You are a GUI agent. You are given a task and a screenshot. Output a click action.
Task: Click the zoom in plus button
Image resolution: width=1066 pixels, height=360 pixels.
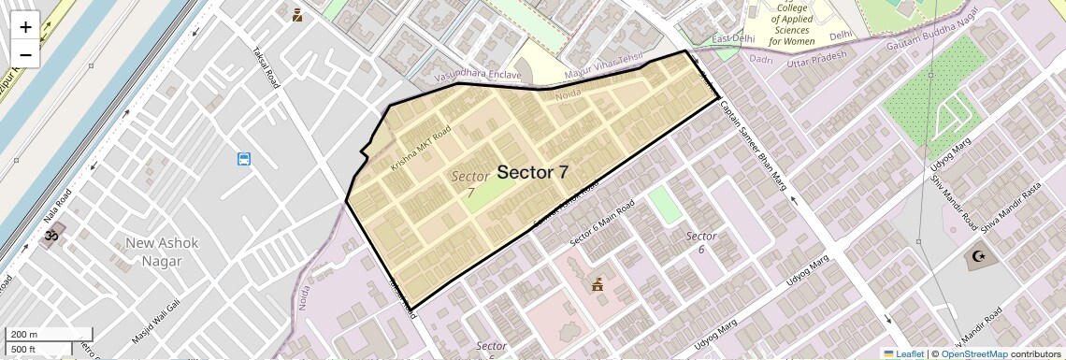click(x=25, y=27)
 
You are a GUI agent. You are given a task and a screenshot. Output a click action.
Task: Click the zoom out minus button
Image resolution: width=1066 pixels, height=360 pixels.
click(x=25, y=54)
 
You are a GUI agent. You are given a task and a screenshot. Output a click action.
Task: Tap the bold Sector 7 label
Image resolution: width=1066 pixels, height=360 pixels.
click(x=532, y=172)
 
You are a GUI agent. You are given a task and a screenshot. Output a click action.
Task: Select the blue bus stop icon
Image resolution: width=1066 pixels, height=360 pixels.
click(x=244, y=159)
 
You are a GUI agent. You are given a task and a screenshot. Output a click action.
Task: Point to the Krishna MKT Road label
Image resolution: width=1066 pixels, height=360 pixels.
click(x=421, y=147)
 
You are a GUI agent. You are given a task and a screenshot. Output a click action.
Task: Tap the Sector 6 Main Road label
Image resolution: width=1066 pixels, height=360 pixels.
click(x=602, y=223)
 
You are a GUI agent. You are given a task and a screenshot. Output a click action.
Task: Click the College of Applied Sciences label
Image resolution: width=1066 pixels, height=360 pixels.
click(x=790, y=25)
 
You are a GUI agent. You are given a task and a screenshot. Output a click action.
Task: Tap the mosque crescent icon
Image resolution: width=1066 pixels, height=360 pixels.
click(x=979, y=256)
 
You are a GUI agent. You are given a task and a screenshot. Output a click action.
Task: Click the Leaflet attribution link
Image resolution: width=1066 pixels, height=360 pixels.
click(x=903, y=353)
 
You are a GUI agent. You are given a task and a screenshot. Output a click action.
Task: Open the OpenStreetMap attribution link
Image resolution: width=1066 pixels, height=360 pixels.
click(x=973, y=353)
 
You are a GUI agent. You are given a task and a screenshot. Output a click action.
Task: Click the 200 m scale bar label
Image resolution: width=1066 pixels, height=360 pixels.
click(x=24, y=334)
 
